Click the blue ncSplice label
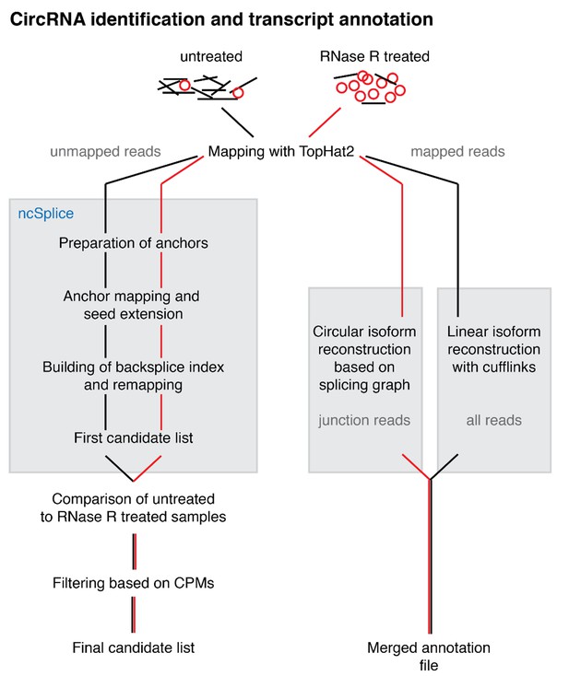click(x=46, y=214)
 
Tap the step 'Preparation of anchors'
click(x=134, y=243)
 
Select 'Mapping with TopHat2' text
click(x=281, y=151)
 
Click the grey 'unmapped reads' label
click(x=105, y=152)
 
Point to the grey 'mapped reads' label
click(x=457, y=152)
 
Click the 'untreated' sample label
click(x=211, y=56)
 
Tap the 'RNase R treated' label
click(x=374, y=56)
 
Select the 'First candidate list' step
click(x=134, y=438)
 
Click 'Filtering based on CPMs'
click(x=134, y=583)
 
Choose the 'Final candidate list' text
click(x=134, y=647)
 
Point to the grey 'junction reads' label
click(x=364, y=420)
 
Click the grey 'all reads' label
click(x=494, y=420)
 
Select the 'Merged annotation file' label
click(x=429, y=656)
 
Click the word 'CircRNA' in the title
click(x=48, y=19)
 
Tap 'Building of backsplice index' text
click(x=134, y=367)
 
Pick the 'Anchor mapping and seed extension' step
click(x=132, y=305)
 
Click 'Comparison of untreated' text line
click(x=134, y=499)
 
